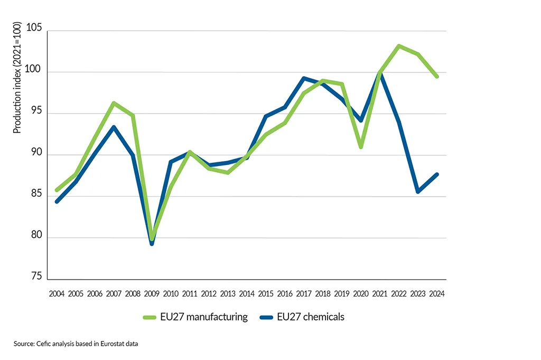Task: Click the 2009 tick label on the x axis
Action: (x=152, y=293)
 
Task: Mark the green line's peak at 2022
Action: (x=399, y=46)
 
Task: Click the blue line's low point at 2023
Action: (x=418, y=192)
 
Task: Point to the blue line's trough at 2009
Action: (x=152, y=244)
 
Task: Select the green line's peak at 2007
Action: (x=114, y=103)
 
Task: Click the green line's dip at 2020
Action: (x=361, y=147)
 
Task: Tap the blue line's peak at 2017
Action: (x=304, y=78)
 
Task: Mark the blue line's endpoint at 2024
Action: (x=437, y=174)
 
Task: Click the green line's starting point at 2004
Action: (x=57, y=190)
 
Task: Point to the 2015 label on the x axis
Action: (x=266, y=293)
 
